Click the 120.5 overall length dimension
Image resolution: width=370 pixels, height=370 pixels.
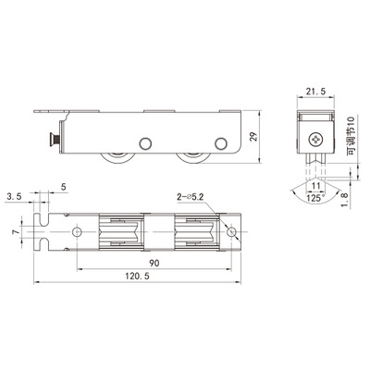[137, 276]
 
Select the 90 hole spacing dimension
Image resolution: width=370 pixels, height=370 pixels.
[154, 263]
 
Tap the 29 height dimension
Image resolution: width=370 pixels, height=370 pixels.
[253, 137]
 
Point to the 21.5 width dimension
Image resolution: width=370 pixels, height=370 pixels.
[315, 92]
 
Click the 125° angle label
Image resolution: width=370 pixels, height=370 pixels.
[315, 198]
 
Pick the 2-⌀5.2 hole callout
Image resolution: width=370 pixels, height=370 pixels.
[191, 197]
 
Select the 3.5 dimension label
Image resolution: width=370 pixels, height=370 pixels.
[14, 196]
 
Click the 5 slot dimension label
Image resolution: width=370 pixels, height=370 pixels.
[64, 187]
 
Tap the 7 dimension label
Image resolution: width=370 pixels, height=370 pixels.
[16, 231]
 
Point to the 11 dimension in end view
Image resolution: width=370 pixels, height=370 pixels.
[316, 186]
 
